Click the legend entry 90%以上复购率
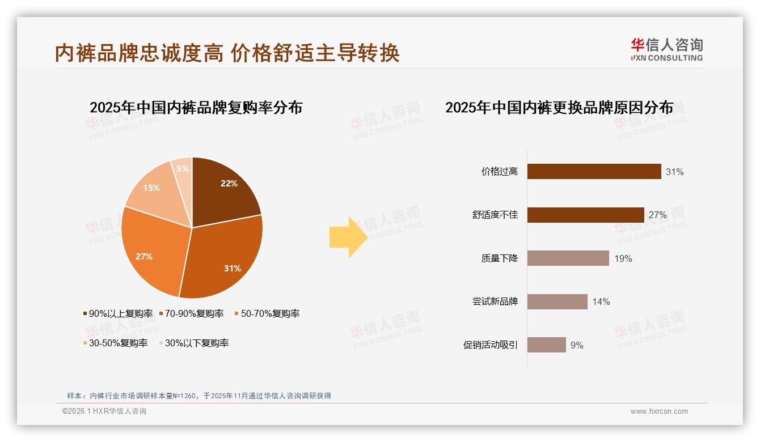coord(118,313)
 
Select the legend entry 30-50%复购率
coord(115,343)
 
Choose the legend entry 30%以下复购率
coord(193,343)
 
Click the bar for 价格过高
coord(594,172)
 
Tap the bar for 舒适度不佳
coord(585,215)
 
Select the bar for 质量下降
coord(568,258)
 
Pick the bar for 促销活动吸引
coord(546,345)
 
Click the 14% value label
coord(601,301)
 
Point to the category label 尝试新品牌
coord(495,301)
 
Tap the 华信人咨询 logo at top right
coord(666,49)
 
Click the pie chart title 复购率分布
coord(196,107)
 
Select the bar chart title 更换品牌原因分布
coord(559,107)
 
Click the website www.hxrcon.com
coord(659,411)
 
